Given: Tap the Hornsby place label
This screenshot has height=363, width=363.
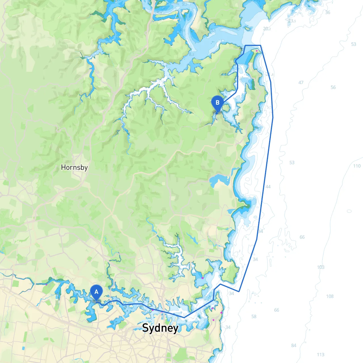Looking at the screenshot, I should pos(74,167).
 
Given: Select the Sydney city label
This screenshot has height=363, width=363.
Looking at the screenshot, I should pos(160,328).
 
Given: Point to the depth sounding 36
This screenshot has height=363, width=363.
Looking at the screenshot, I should pos(328,12).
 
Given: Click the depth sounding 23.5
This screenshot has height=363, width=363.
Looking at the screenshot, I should pos(292,21).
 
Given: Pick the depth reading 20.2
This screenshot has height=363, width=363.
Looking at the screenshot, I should pos(267,29).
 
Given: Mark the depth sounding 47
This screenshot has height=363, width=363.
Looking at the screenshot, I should pos(301,83).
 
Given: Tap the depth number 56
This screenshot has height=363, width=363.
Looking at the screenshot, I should pos(333,87).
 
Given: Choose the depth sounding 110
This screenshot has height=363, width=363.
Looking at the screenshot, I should pos(357,166).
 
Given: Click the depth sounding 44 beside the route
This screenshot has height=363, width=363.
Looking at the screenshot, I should pos(268,187).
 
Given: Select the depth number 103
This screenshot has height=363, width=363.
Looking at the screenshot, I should pos(320,267).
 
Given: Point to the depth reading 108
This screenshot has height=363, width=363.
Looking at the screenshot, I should pos(330,296).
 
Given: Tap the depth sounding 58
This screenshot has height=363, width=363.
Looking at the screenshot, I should pos(254,316).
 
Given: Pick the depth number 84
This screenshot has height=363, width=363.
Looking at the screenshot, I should pos(294,345).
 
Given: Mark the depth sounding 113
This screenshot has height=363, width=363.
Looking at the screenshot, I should pos(320,354).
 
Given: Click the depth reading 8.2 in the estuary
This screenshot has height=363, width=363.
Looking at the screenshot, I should pos(192,54).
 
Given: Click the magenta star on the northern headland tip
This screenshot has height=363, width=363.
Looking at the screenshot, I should pos(257,51).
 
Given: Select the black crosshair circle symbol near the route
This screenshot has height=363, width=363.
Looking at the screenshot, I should pos(241,49).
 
